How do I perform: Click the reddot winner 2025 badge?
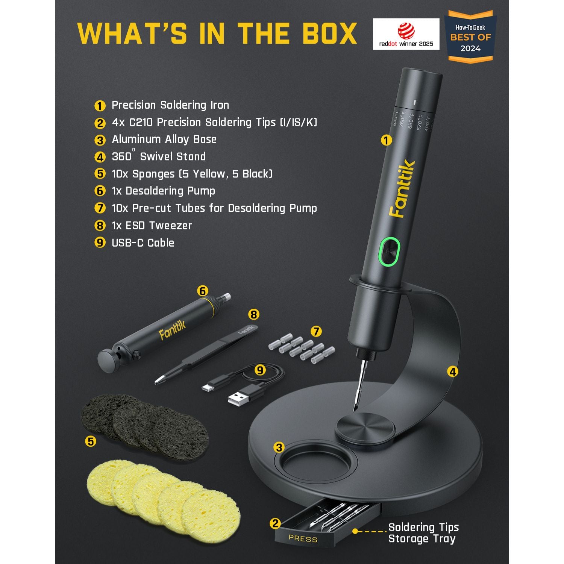click(406, 34)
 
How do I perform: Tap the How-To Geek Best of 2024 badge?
click(470, 37)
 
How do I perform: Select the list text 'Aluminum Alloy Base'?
click(164, 139)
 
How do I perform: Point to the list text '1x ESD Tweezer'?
click(152, 226)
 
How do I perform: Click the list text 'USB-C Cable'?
click(143, 243)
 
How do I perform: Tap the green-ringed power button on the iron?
click(389, 251)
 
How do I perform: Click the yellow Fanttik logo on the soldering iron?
click(402, 189)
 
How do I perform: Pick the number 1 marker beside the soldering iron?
click(386, 140)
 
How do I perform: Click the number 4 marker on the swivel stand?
click(453, 372)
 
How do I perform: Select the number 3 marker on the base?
click(279, 447)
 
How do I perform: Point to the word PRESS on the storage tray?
click(303, 539)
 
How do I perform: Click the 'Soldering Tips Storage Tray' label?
click(423, 533)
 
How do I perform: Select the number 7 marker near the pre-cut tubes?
click(316, 331)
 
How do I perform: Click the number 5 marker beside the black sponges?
click(91, 441)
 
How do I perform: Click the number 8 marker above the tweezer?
click(254, 314)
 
